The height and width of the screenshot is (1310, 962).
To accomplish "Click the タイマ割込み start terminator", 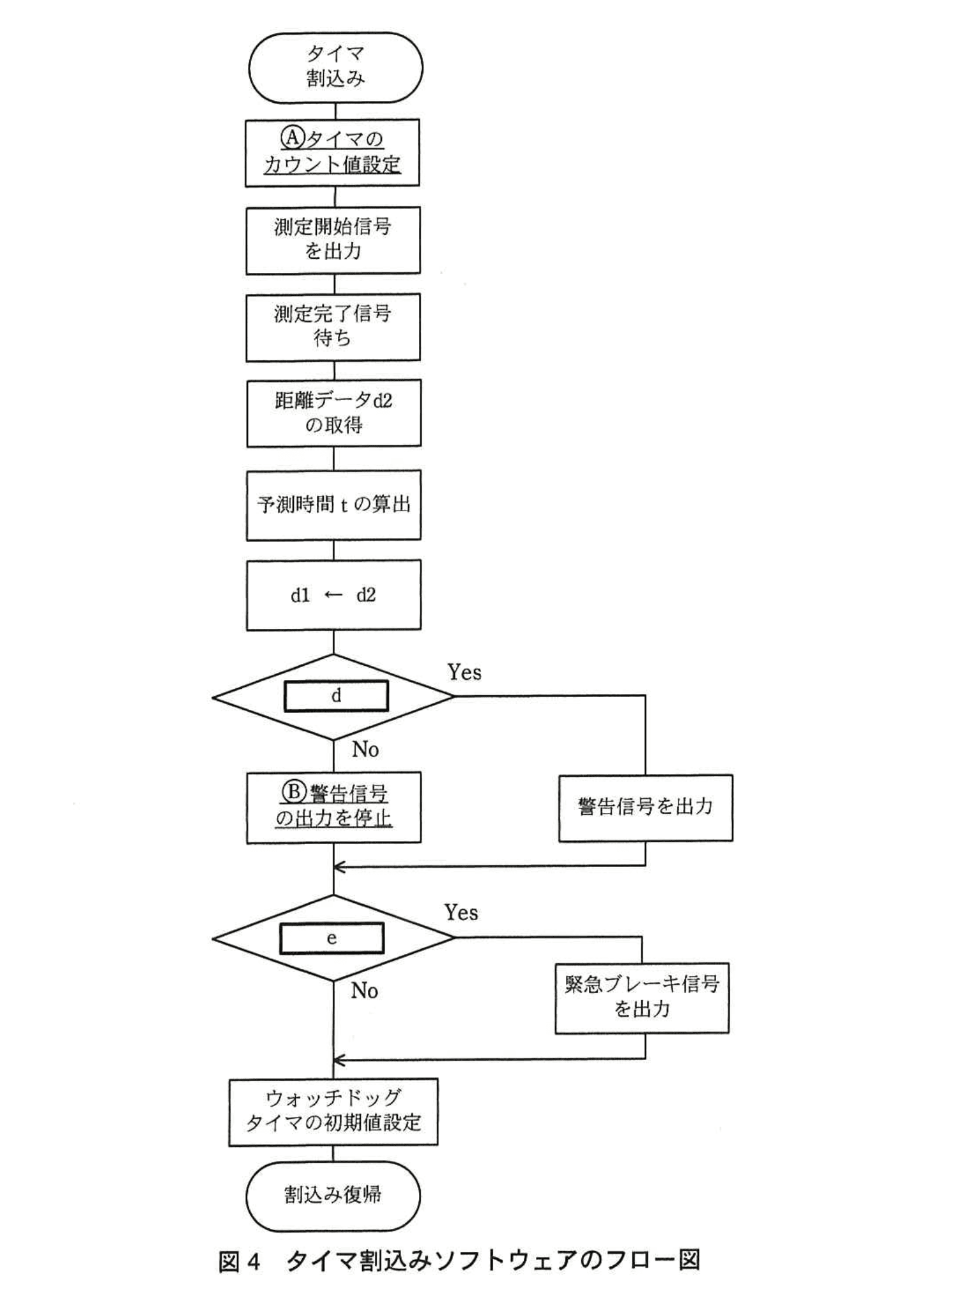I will click(x=335, y=67).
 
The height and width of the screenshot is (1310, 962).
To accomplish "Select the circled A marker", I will click(x=291, y=137).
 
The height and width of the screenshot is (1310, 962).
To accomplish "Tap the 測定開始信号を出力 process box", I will click(x=333, y=240).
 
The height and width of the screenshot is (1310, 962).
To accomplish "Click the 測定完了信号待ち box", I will click(x=333, y=327).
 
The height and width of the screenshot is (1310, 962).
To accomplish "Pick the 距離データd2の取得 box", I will click(x=333, y=413).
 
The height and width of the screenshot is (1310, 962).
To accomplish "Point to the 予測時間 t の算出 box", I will click(x=333, y=505).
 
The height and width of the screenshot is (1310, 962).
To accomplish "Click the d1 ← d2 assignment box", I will click(x=333, y=595).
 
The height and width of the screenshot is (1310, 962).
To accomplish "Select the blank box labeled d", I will click(x=336, y=696).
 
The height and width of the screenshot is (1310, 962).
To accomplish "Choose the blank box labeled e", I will click(x=332, y=938).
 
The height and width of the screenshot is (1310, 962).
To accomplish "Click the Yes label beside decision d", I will click(x=464, y=672).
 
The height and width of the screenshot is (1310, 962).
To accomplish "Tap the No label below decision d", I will click(x=365, y=750).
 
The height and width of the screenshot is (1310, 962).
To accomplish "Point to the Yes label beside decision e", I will click(x=461, y=913).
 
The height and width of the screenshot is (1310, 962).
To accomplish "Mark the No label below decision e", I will click(x=365, y=991).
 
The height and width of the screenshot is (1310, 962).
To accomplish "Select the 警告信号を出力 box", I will click(x=645, y=807).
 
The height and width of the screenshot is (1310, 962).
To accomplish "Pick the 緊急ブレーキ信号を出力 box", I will click(x=642, y=998).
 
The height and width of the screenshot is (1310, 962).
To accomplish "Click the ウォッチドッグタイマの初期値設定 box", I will click(x=333, y=1112).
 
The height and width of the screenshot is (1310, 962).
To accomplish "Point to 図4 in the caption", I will click(x=240, y=1261).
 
